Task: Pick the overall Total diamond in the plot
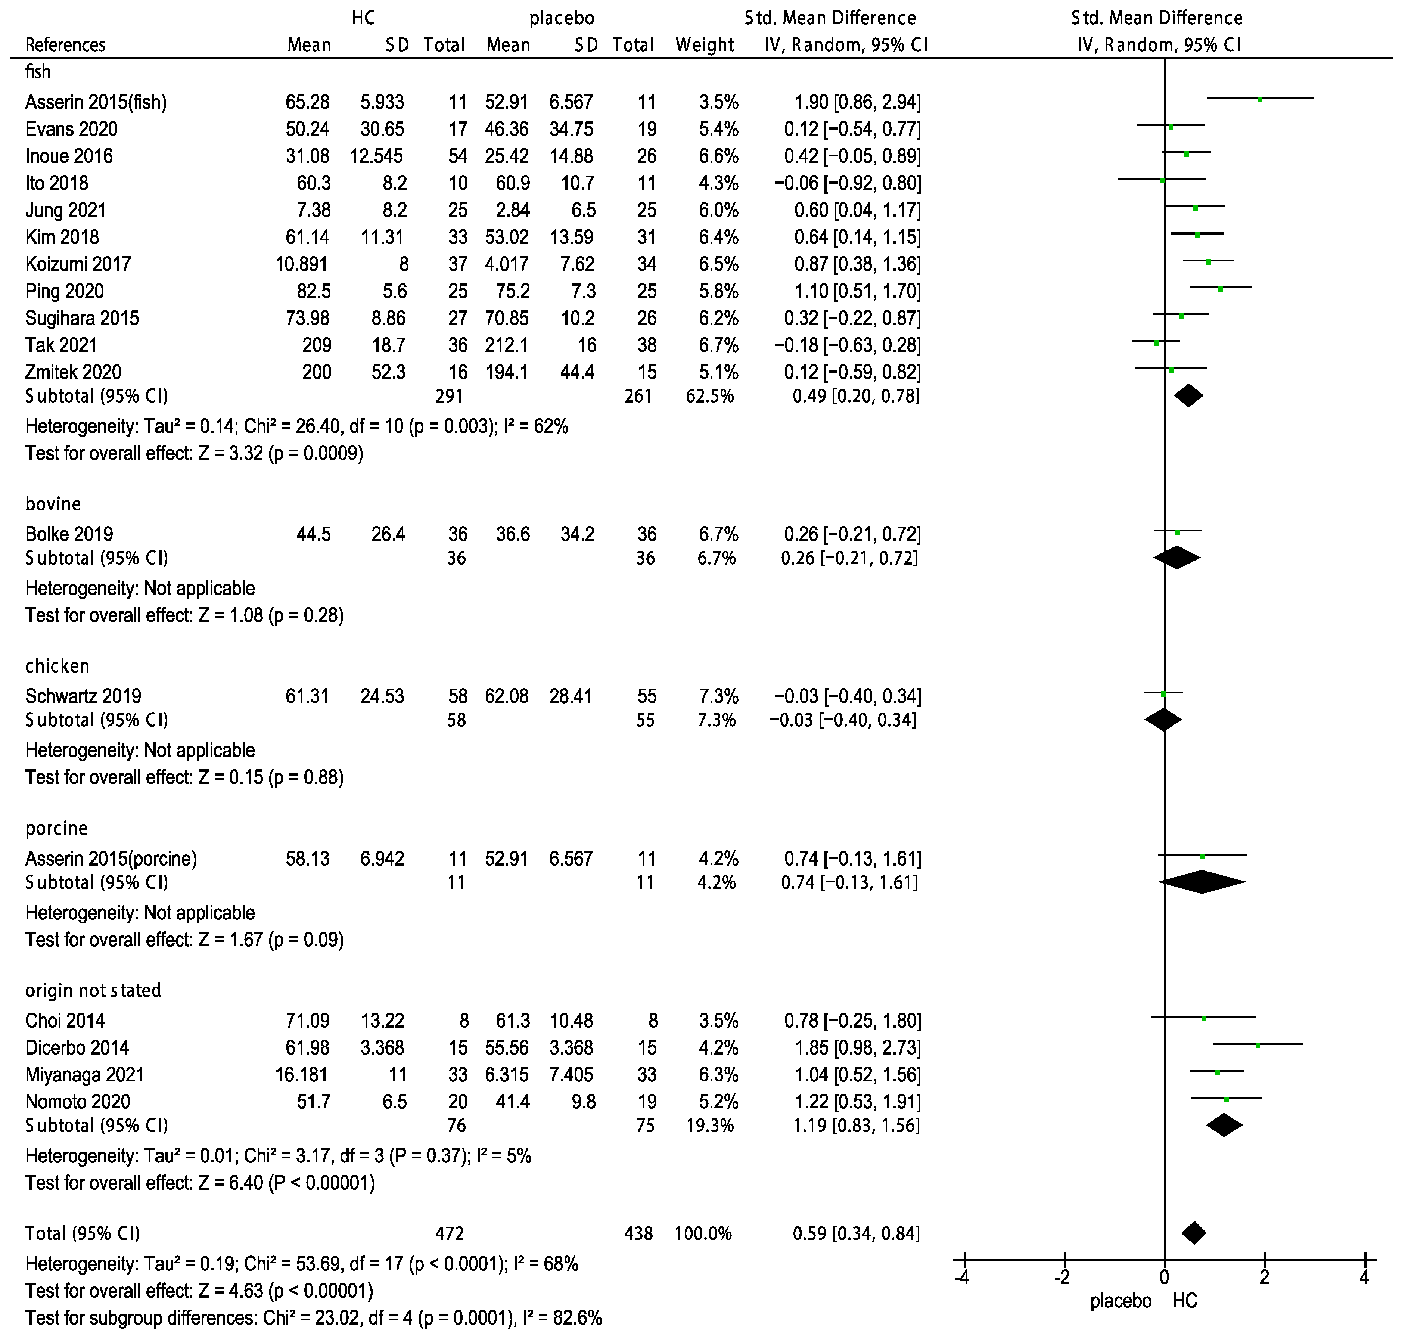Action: [x=1194, y=1233]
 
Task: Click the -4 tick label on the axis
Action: [x=962, y=1278]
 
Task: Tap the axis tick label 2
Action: [x=1265, y=1278]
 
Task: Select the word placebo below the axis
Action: [x=1121, y=1301]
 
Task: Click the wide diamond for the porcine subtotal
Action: [x=1202, y=882]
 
